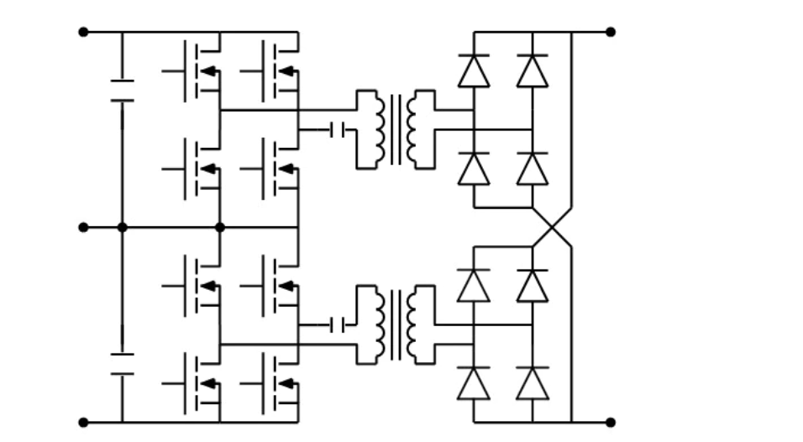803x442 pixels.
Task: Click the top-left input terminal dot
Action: pos(83,32)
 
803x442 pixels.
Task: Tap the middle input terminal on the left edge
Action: pos(83,227)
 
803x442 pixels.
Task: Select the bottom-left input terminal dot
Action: pos(83,422)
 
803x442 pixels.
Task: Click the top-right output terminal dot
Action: pos(611,32)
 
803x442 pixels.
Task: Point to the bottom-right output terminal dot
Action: pos(611,422)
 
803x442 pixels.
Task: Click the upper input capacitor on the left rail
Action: pos(122,91)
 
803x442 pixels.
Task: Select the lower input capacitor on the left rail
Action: pos(122,364)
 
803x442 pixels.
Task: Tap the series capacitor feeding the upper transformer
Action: pos(339,129)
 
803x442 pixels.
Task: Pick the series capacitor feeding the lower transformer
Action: pos(339,324)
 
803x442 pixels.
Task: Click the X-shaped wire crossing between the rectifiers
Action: pos(552,227)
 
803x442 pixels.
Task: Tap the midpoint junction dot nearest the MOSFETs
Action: pos(220,227)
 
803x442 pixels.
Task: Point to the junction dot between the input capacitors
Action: pos(122,227)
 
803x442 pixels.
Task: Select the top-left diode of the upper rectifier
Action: pos(474,71)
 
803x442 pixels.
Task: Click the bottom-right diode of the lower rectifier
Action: pos(533,383)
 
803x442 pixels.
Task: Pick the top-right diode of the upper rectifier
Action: pos(533,71)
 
